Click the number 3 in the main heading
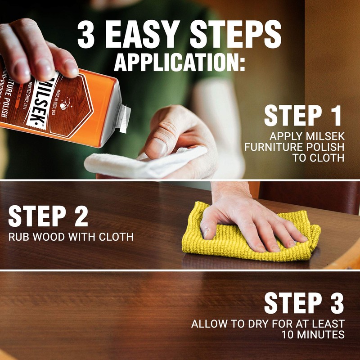pyautogui.click(x=87, y=35)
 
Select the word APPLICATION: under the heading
pyautogui.click(x=180, y=63)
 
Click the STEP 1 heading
pyautogui.click(x=302, y=116)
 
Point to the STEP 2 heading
pyautogui.click(x=48, y=217)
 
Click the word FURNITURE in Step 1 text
pyautogui.click(x=271, y=147)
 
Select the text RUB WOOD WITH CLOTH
pyautogui.click(x=71, y=236)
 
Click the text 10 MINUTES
pyautogui.click(x=313, y=335)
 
